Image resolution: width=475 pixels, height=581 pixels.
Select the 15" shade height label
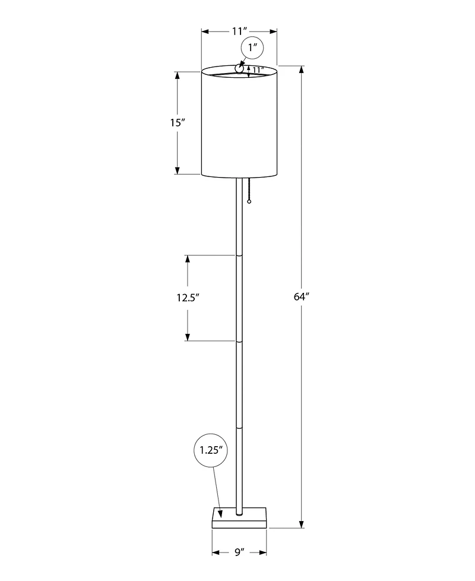pyautogui.click(x=178, y=123)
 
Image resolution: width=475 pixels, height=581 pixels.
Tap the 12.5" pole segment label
pyautogui.click(x=187, y=298)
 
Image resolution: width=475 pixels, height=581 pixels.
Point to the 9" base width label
pyautogui.click(x=239, y=552)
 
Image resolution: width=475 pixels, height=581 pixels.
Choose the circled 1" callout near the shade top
pyautogui.click(x=252, y=48)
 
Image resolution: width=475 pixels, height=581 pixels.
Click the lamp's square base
pyautogui.click(x=239, y=517)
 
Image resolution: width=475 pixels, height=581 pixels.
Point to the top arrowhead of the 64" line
pyautogui.click(x=302, y=69)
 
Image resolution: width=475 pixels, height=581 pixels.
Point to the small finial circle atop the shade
pyautogui.click(x=239, y=69)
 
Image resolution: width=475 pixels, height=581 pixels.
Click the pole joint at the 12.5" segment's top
pyautogui.click(x=239, y=255)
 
